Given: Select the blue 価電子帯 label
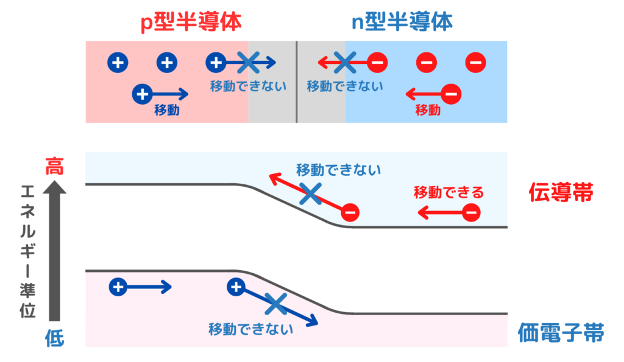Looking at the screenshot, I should [561, 333].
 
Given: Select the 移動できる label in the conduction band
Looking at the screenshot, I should [448, 193].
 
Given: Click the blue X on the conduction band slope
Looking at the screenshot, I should [310, 194].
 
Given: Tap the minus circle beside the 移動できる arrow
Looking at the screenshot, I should [471, 212].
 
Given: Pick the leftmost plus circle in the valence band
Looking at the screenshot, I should [118, 287].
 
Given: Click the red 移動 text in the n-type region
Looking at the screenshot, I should [428, 110].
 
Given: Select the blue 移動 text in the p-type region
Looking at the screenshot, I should [166, 110].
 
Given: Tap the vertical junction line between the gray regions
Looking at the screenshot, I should [297, 82].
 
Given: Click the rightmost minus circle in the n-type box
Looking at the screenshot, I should [475, 61].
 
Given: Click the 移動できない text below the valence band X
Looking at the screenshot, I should [250, 329].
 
